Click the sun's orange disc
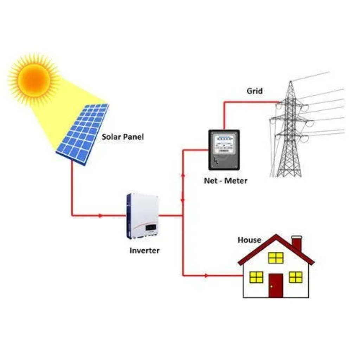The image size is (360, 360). (33, 78)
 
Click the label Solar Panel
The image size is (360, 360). (123, 137)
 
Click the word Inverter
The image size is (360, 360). (144, 251)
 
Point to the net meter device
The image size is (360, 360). (224, 150)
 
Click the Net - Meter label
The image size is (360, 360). (226, 181)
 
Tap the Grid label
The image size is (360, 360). (254, 91)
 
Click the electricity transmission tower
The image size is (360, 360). (289, 134)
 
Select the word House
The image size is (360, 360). (249, 240)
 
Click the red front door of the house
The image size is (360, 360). (276, 285)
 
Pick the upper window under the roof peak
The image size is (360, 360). (276, 258)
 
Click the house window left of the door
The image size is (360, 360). (256, 277)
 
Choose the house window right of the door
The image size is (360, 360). (295, 277)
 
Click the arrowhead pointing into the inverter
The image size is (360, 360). (101, 216)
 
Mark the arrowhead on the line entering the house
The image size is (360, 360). (206, 276)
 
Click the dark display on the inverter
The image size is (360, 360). (150, 227)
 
